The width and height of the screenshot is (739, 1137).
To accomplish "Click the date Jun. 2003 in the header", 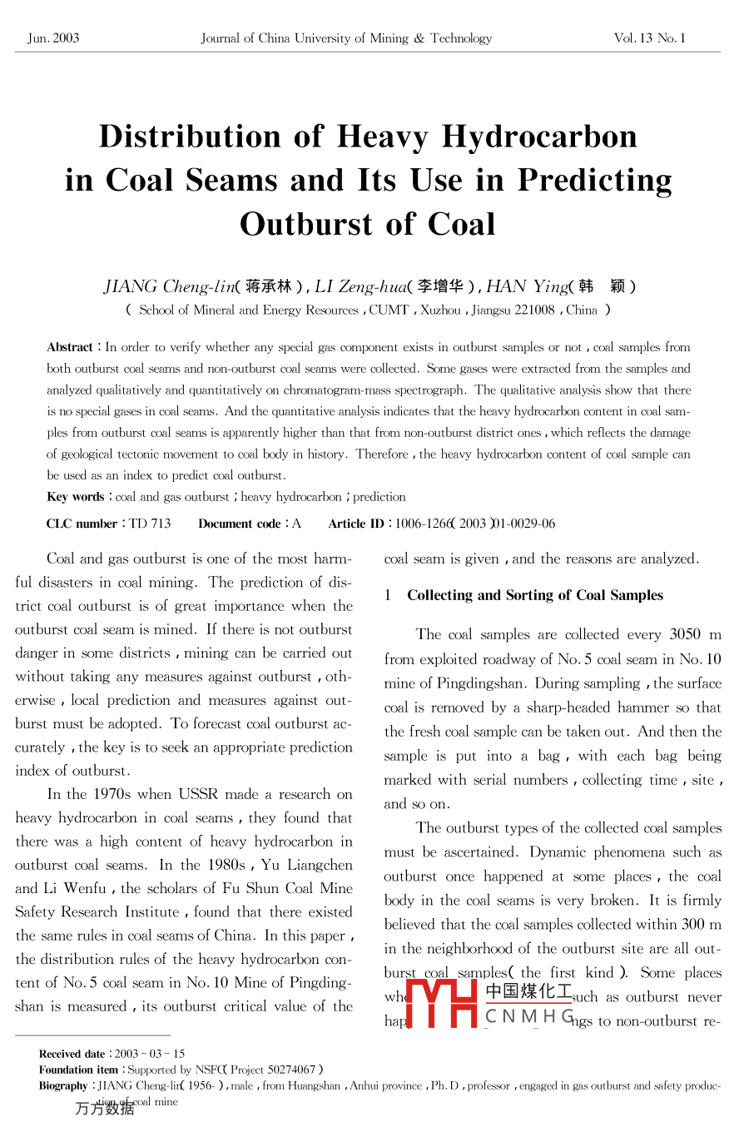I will (x=53, y=38).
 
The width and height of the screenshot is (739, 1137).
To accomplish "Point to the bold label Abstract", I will (x=70, y=347).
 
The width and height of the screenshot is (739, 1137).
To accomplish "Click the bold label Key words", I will (x=75, y=497).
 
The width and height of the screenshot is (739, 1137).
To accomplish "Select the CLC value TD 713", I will (x=151, y=524).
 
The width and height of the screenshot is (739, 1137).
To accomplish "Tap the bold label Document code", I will (x=240, y=524).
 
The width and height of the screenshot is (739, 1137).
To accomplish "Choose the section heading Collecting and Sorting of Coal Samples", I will (x=535, y=595).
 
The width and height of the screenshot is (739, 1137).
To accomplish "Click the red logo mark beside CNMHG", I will (x=442, y=1003).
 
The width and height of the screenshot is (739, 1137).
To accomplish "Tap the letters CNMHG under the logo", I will (x=529, y=1015).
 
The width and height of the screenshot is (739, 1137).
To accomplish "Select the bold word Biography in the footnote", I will (x=63, y=1085).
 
